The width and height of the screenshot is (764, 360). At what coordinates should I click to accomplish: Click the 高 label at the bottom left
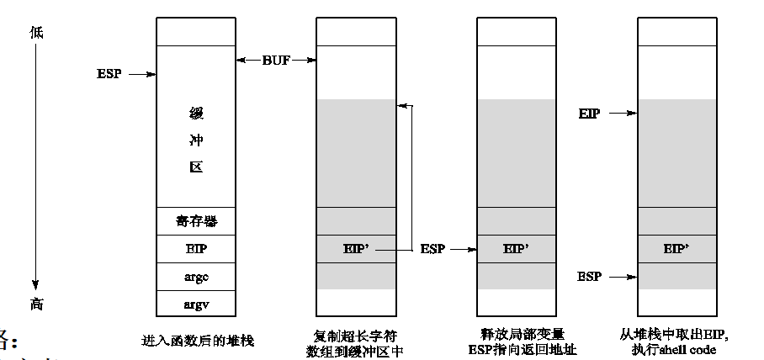36,304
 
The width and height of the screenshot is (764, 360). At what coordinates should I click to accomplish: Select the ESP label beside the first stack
109,74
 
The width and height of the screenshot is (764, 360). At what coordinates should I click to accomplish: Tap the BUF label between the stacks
276,60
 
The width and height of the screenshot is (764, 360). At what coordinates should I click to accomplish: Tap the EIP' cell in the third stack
517,249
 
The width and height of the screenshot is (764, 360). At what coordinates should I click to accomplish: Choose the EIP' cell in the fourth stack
676,249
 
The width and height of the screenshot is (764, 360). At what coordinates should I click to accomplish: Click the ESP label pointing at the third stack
434,249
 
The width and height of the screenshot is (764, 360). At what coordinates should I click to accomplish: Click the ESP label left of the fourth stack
590,276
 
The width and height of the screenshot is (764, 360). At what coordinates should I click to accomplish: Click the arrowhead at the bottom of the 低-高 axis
36,286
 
